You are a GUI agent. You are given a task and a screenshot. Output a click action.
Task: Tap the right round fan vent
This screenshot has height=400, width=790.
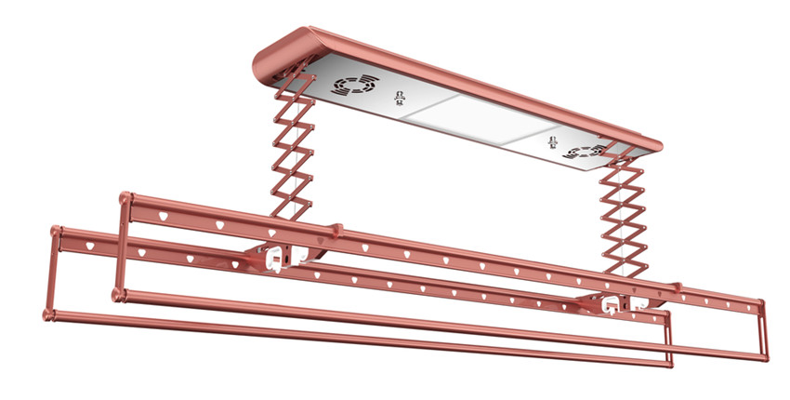tap(585, 151)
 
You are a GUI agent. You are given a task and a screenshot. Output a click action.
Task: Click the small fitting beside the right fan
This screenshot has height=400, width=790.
tap(549, 143)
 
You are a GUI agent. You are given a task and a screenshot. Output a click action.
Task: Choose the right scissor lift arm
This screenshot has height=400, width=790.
tap(618, 219)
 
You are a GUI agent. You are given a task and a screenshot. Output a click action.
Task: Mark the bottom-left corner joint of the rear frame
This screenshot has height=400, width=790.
tap(118, 296)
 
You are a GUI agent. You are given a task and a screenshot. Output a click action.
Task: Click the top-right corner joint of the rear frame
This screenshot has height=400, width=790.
tap(760, 303)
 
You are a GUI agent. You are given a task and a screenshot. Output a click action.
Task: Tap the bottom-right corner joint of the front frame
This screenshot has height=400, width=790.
tap(666, 362)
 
